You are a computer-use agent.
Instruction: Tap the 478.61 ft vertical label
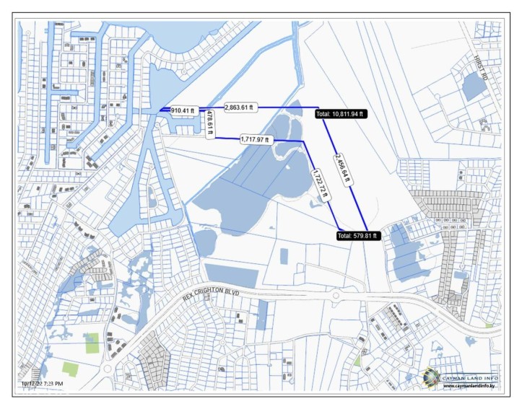209,125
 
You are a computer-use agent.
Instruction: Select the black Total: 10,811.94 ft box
341,114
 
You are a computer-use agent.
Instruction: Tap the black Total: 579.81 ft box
358,235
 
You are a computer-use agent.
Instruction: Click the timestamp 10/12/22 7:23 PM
42,384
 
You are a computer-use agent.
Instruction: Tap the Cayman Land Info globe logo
431,376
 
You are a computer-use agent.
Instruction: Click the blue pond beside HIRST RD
474,87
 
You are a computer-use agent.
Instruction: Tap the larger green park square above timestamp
92,343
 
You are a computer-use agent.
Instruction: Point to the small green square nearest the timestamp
70,369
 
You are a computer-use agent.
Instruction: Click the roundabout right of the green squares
108,369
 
